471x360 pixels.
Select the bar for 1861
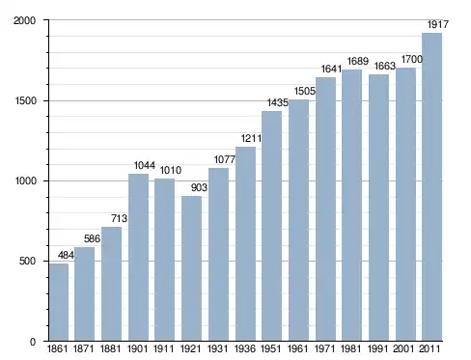[59, 302]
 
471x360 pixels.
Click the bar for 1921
[191, 268]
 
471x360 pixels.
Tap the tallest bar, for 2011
[431, 186]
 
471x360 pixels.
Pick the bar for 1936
[245, 243]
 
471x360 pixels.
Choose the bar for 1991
[378, 208]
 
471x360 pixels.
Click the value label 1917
[437, 24]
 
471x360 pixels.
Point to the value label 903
[199, 187]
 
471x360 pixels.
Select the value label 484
[66, 256]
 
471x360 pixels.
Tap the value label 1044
[145, 165]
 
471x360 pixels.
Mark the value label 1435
[278, 102]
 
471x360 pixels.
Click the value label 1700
[411, 59]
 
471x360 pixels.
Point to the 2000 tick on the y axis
[24, 20]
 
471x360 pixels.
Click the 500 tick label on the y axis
[27, 261]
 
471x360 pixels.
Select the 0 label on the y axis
[33, 342]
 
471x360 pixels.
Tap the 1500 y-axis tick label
[25, 101]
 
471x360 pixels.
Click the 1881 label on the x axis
[110, 348]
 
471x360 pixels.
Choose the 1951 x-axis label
[271, 348]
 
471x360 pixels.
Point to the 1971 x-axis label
[324, 348]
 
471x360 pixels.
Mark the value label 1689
[358, 61]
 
